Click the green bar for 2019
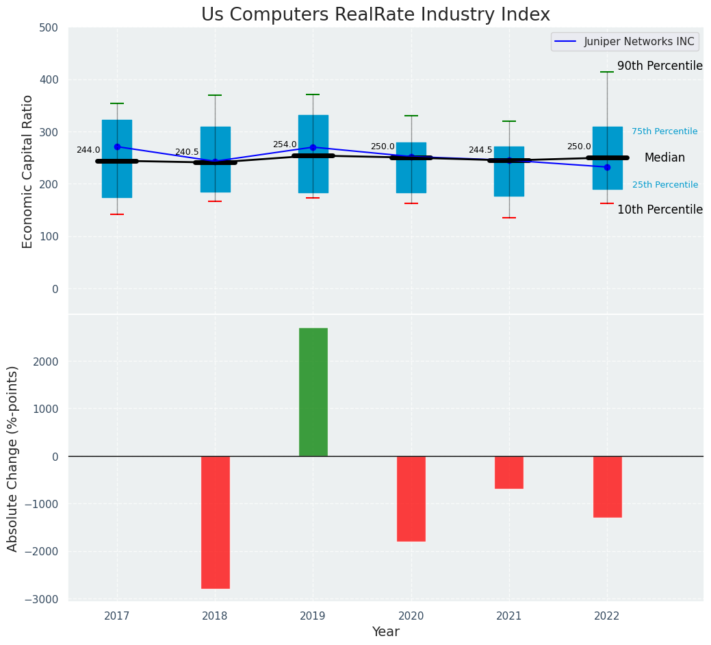(x=313, y=392)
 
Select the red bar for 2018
(x=215, y=522)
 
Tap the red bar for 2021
(x=509, y=472)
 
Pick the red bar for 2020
(x=411, y=498)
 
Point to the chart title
(x=375, y=15)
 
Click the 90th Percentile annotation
(x=660, y=66)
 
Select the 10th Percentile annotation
(x=660, y=210)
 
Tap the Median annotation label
(x=664, y=157)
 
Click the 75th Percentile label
(x=664, y=131)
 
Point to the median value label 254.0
(x=285, y=144)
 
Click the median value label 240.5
(x=187, y=152)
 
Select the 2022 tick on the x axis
(x=607, y=616)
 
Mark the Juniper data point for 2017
(x=117, y=147)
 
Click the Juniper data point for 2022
(x=607, y=167)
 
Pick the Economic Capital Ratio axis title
(x=28, y=171)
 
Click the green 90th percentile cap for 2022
(x=607, y=72)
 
